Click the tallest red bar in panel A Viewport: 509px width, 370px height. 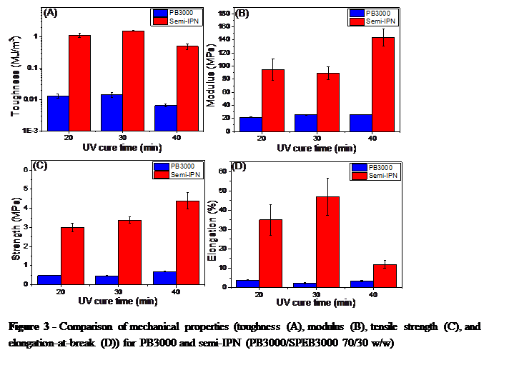pyautogui.click(x=133, y=81)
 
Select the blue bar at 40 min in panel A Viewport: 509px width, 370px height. pyautogui.click(x=166, y=118)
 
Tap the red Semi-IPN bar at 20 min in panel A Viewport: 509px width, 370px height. pyautogui.click(x=79, y=83)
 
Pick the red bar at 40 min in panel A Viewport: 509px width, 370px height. pyautogui.click(x=187, y=89)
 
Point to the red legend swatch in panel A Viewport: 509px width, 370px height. pyautogui.click(x=159, y=22)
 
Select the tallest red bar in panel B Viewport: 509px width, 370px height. pyautogui.click(x=383, y=84)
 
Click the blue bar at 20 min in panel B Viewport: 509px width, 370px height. pyautogui.click(x=251, y=124)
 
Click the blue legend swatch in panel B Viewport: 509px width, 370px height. pyautogui.click(x=356, y=14)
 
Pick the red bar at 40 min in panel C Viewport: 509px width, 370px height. pyautogui.click(x=188, y=243)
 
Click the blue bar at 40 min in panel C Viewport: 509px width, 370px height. pyautogui.click(x=165, y=278)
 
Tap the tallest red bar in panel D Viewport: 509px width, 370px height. pyautogui.click(x=327, y=241)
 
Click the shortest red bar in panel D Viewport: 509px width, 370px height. pyautogui.click(x=385, y=276)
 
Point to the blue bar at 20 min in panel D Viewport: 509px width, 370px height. pyautogui.click(x=247, y=284)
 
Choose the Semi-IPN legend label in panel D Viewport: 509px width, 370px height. pyautogui.click(x=385, y=175)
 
